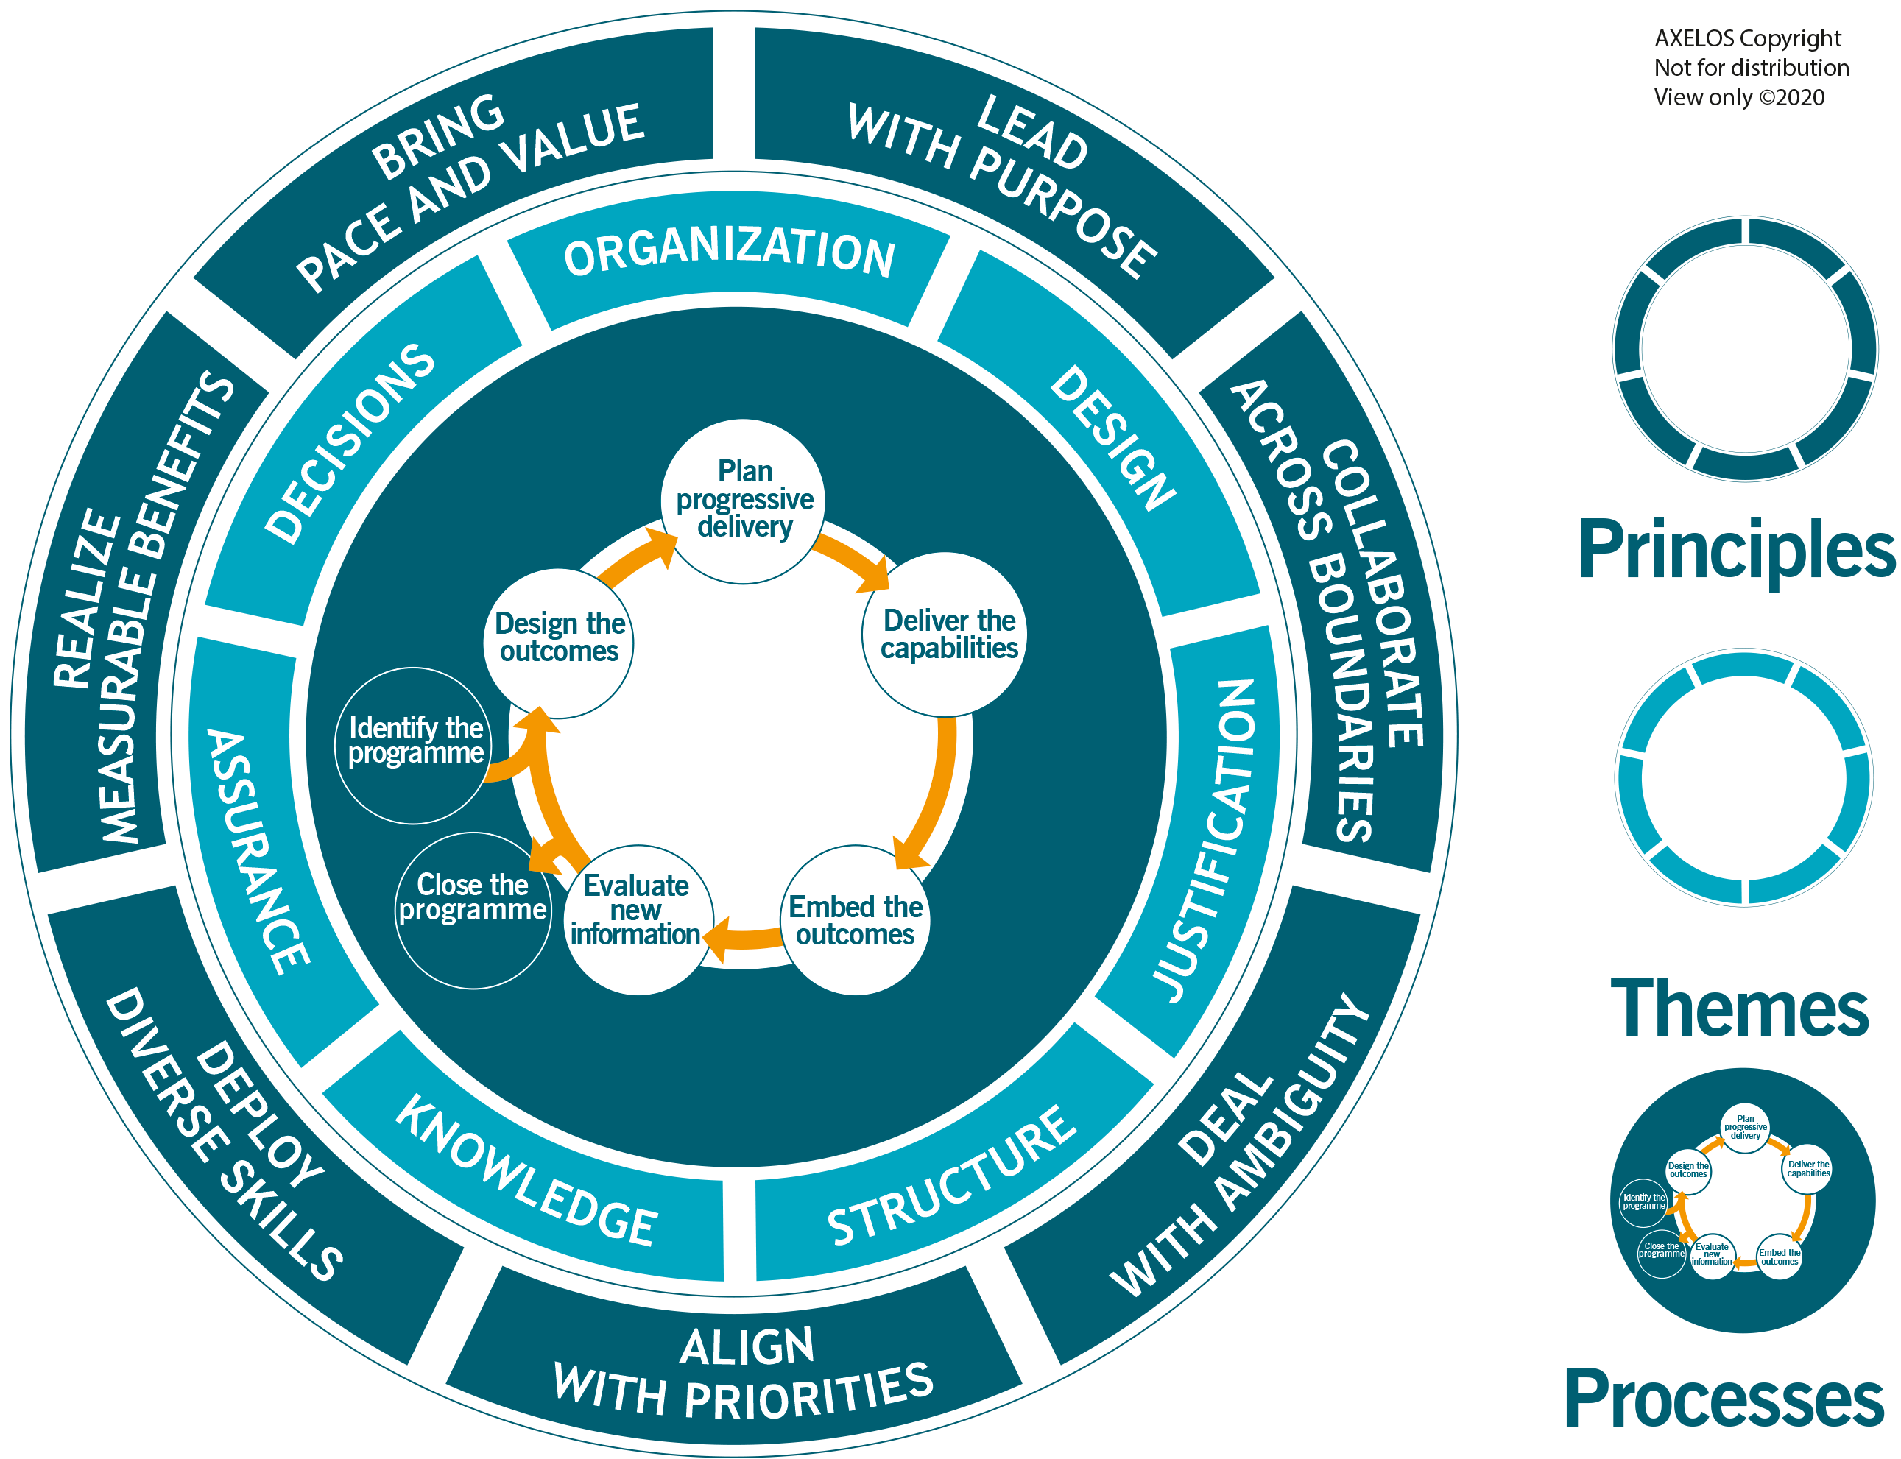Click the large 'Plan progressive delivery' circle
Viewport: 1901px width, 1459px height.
(744, 501)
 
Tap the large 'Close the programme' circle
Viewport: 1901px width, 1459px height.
(473, 909)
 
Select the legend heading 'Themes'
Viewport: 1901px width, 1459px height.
(1740, 1008)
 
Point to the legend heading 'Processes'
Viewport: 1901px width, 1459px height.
(1724, 1397)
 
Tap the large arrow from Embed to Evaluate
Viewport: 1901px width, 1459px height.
(747, 938)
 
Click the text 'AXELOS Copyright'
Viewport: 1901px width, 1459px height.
(1747, 39)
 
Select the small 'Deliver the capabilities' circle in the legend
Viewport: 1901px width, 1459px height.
(1808, 1169)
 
